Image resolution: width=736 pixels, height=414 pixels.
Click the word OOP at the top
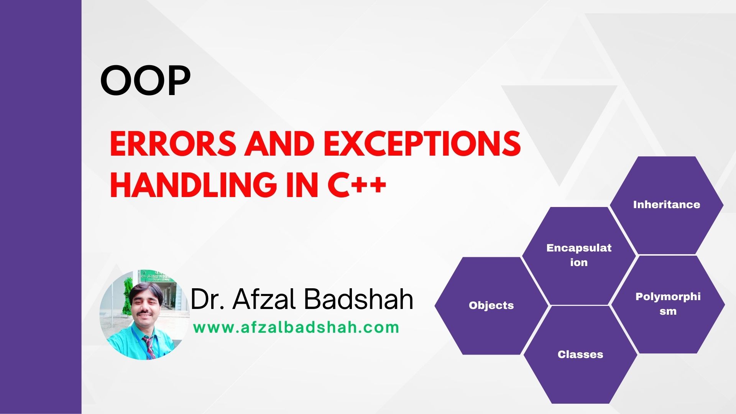click(x=145, y=81)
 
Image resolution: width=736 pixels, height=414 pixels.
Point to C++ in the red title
click(x=357, y=185)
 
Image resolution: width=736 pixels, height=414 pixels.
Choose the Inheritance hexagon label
click(x=666, y=205)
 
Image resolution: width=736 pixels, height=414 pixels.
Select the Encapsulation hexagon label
click(x=579, y=255)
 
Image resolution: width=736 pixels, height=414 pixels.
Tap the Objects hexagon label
click(x=491, y=306)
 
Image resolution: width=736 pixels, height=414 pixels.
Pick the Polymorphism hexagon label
click(x=668, y=304)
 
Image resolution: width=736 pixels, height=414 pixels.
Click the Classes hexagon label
click(x=580, y=355)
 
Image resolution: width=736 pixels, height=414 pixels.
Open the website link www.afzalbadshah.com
click(x=296, y=328)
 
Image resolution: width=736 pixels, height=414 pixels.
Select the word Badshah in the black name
click(x=360, y=299)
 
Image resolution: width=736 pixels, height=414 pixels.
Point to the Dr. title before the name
click(x=207, y=299)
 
